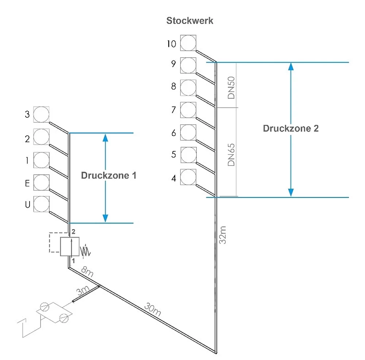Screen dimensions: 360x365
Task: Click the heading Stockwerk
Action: pos(189,20)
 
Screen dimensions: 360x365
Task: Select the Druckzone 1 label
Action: pos(108,175)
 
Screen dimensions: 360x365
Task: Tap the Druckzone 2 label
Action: pos(291,128)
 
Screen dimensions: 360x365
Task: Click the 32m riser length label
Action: pos(223,235)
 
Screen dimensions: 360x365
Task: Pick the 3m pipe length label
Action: pos(82,291)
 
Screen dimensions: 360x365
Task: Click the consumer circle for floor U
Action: pos(41,204)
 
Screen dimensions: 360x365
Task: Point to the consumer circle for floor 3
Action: pos(41,114)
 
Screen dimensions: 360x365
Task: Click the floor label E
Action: pos(27,183)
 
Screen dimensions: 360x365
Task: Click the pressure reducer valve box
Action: pos(70,246)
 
